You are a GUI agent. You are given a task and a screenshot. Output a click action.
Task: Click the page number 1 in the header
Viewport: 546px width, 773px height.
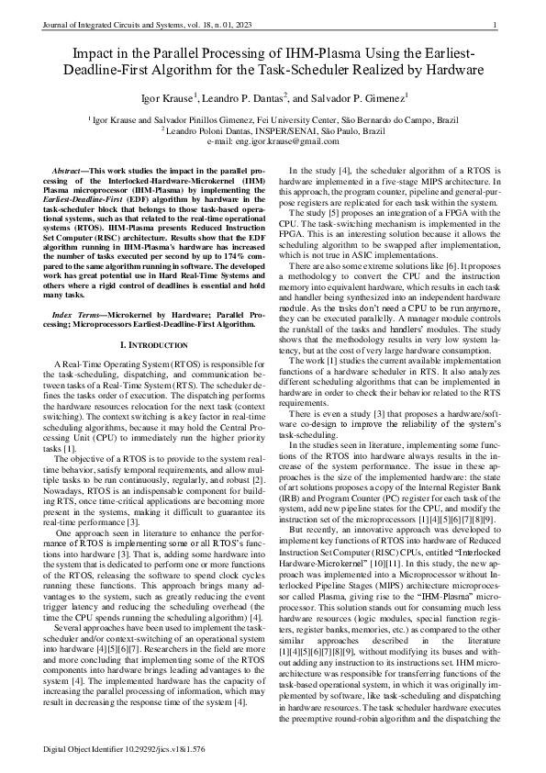(x=495, y=24)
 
